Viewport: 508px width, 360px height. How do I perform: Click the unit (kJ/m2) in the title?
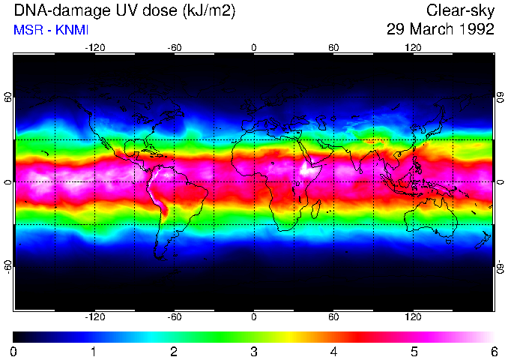pos(222,11)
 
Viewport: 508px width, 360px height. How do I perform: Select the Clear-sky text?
pos(460,11)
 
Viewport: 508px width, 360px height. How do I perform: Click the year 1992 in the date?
pos(474,30)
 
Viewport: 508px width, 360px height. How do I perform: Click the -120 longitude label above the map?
pos(94,48)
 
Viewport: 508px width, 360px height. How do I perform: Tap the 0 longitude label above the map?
pos(254,48)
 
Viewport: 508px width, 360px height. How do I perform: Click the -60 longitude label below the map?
pos(174,316)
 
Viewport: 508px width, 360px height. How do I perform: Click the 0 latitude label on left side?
pos(8,181)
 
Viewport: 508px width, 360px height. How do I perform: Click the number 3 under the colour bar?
pos(254,351)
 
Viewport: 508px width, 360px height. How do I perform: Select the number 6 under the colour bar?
pos(493,351)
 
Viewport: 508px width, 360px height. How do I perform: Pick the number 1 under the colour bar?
pos(94,351)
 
